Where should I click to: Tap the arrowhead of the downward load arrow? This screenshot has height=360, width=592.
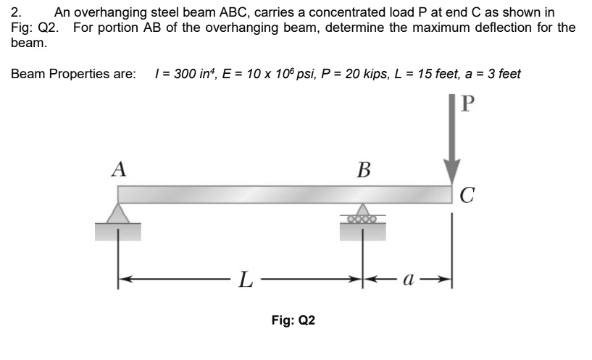452,175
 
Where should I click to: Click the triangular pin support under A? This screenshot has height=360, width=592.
118,213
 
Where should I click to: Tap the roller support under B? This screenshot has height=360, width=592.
363,216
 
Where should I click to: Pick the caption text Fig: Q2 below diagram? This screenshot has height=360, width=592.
293,320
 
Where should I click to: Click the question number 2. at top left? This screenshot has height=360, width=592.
17,12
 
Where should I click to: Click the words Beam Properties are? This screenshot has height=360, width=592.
73,74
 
